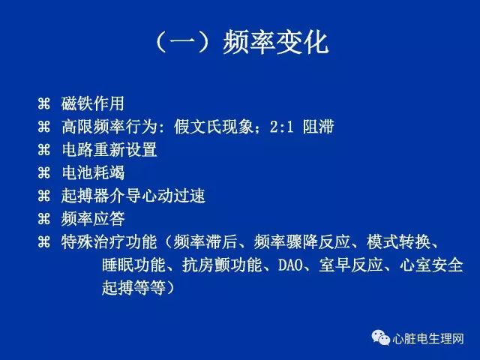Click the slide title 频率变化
(x=276, y=43)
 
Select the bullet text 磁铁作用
(x=93, y=103)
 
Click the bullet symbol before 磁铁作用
(x=43, y=103)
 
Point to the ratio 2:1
(x=282, y=127)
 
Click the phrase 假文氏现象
(x=214, y=127)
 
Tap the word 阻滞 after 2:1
(x=318, y=127)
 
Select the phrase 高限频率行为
(x=109, y=127)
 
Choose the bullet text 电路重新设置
(x=109, y=149)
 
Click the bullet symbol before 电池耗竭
(x=43, y=172)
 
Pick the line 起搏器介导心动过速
(x=133, y=196)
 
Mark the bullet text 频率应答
(x=93, y=218)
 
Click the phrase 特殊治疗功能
(x=109, y=241)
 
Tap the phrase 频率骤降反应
(x=301, y=241)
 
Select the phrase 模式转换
(x=398, y=241)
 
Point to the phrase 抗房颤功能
(x=222, y=265)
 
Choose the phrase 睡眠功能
(x=133, y=265)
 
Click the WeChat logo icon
(x=380, y=338)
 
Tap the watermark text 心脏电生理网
(x=428, y=338)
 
